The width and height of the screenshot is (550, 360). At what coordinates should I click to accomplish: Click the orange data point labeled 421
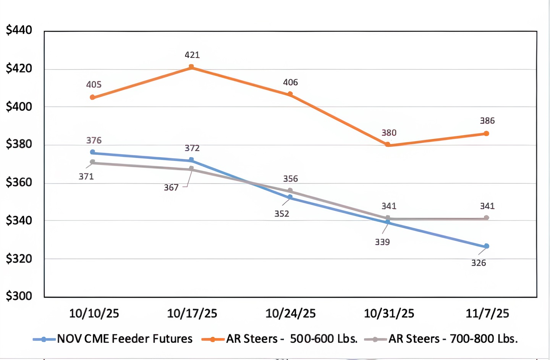[191, 67]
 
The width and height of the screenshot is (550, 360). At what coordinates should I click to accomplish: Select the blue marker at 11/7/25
[486, 246]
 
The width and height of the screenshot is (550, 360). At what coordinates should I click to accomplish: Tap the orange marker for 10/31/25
[388, 145]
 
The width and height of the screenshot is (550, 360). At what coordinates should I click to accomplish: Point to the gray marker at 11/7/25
[486, 218]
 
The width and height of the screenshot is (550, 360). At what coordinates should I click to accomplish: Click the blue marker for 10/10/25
[92, 152]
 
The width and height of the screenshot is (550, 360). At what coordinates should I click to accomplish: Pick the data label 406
[290, 82]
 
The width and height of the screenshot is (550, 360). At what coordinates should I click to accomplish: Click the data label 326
[479, 263]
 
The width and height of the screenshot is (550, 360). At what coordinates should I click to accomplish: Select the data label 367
[171, 187]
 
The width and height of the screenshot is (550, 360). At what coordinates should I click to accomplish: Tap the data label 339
[382, 242]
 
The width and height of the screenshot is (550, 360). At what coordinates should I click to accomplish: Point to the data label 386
[487, 121]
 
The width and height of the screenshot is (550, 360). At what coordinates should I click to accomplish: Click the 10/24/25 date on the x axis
[290, 313]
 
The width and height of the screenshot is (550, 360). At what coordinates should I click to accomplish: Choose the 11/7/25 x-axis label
[487, 313]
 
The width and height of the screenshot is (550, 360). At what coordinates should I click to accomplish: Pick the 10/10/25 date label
[94, 313]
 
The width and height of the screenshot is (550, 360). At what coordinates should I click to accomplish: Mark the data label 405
[94, 85]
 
